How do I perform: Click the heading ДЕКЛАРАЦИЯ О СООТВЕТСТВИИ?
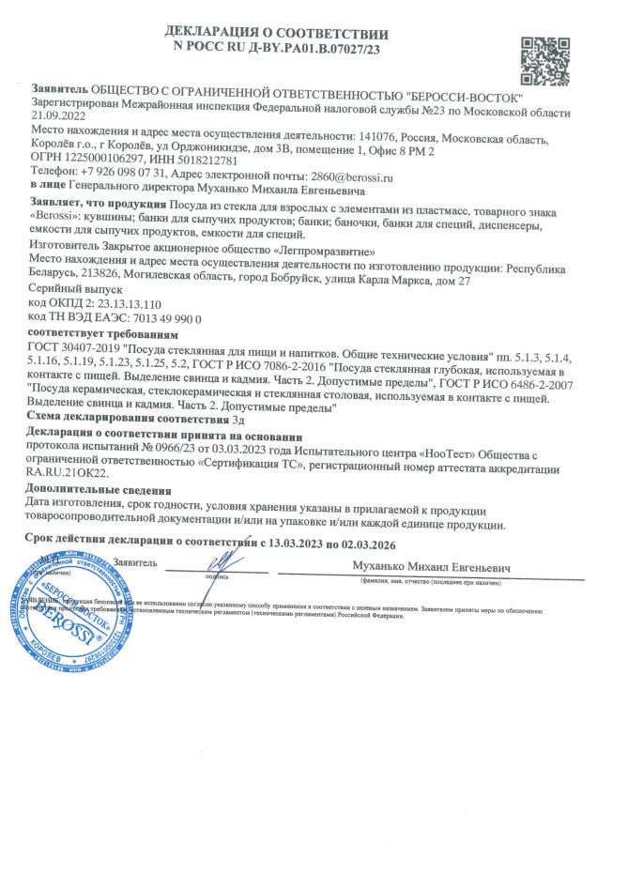pyautogui.click(x=277, y=31)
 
